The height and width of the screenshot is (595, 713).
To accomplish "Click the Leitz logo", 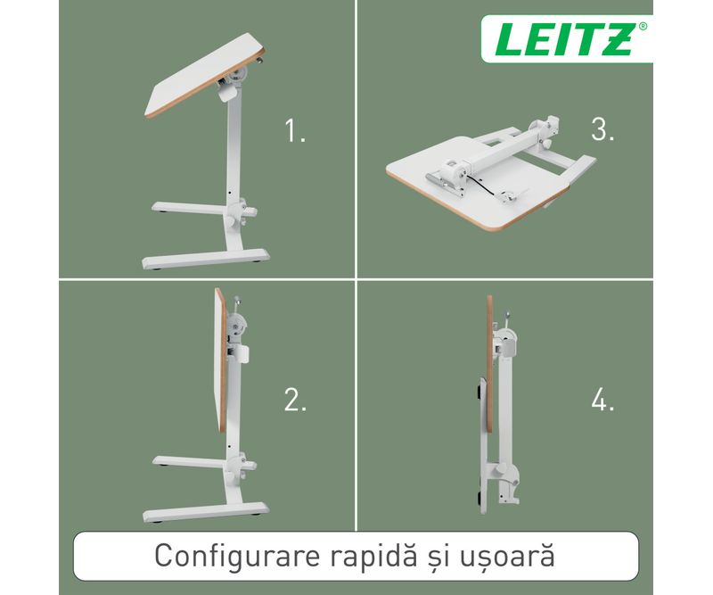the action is pos(567,38).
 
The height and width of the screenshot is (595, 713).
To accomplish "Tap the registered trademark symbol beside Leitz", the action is pos(643,27).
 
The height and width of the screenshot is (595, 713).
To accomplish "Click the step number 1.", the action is pos(295,130).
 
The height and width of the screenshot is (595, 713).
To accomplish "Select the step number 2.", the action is pos(296,401).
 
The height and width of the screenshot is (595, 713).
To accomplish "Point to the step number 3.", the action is pos(602,128).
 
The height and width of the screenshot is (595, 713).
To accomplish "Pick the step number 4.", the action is pos(603,401).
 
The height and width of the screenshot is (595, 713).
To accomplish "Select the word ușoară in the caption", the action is pos(508,556).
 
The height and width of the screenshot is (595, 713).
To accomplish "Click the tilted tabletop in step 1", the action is pos(205,76).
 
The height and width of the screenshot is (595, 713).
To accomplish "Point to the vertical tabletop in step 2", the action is pos(220,360).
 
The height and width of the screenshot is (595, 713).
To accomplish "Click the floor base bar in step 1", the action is pos(206,259).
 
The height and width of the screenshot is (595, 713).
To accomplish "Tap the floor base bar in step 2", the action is pos(206,512).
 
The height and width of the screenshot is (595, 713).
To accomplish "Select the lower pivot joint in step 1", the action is pos(240,211).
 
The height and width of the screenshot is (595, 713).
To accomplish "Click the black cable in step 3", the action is pos(488,186).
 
